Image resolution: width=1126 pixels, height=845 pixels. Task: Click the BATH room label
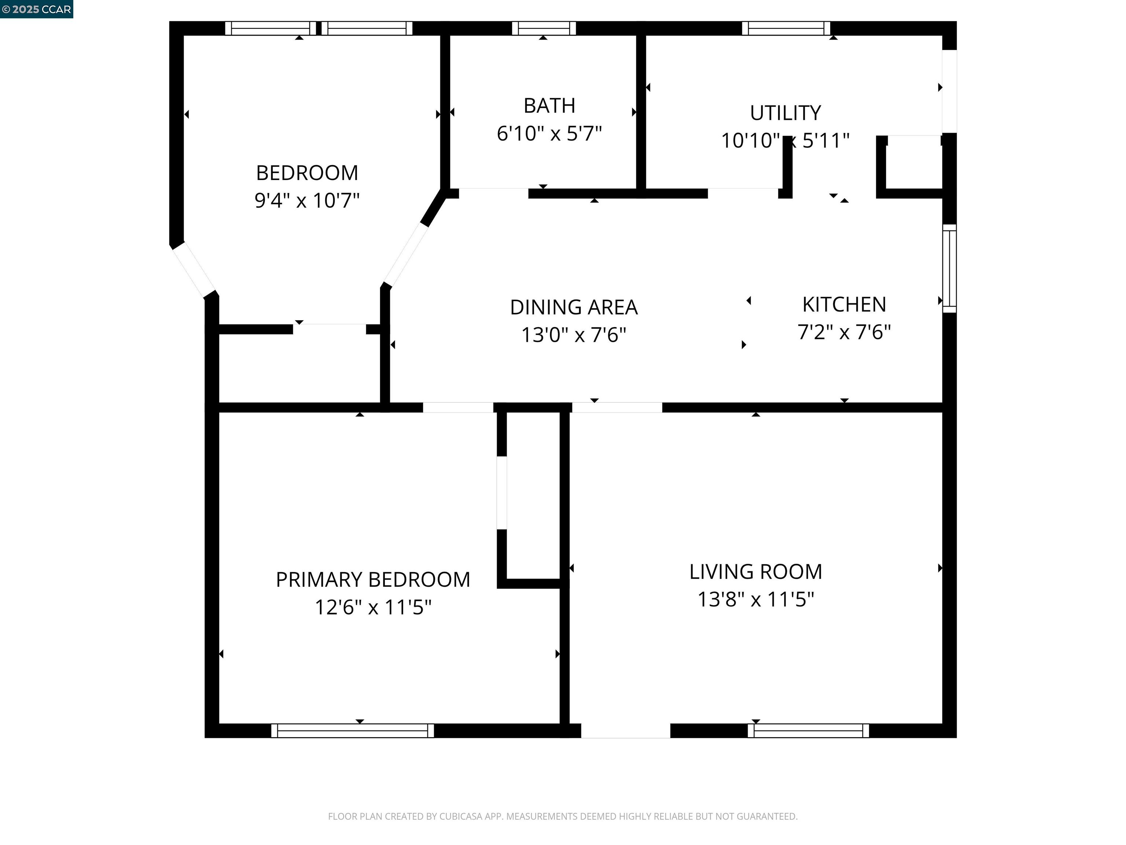pyautogui.click(x=549, y=106)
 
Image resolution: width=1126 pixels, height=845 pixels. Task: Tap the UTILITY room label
pyautogui.click(x=785, y=113)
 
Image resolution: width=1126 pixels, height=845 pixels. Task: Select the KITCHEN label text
pyautogui.click(x=844, y=304)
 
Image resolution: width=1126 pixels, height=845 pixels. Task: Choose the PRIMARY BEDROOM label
pyautogui.click(x=373, y=579)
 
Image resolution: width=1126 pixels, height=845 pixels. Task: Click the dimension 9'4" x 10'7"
pyautogui.click(x=307, y=201)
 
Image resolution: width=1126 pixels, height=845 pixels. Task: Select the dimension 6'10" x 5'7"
pyautogui.click(x=549, y=134)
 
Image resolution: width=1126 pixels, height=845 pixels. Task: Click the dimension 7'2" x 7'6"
pyautogui.click(x=844, y=332)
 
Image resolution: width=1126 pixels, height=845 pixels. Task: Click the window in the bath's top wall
pyautogui.click(x=544, y=28)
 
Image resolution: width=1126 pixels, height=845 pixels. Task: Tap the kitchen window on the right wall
pyautogui.click(x=949, y=268)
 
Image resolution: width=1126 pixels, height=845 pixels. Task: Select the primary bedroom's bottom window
pyautogui.click(x=352, y=731)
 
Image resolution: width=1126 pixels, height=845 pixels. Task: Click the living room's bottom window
pyautogui.click(x=808, y=731)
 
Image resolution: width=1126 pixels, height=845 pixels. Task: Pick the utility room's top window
pyautogui.click(x=786, y=28)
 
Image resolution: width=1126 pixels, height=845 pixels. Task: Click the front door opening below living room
pyautogui.click(x=626, y=731)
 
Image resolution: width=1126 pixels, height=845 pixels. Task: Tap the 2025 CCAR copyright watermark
pyautogui.click(x=36, y=9)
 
